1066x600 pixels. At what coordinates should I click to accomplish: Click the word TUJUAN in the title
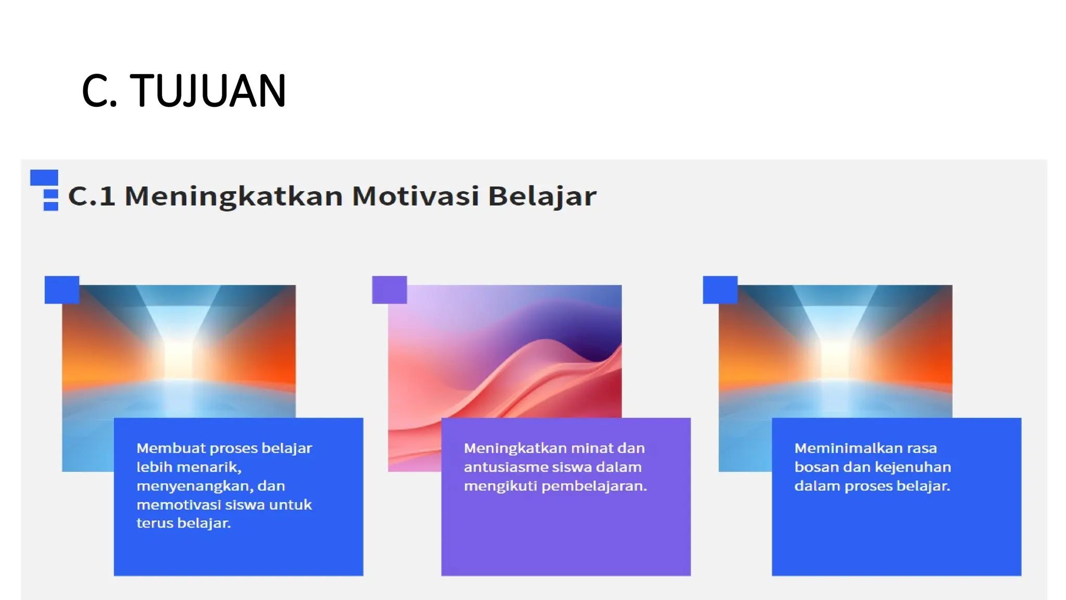(208, 91)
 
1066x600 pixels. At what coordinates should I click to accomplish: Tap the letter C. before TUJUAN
(99, 91)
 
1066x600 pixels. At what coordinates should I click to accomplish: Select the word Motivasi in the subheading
(415, 196)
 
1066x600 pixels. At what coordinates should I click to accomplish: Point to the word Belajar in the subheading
(541, 196)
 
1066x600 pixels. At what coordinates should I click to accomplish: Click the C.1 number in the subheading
(92, 196)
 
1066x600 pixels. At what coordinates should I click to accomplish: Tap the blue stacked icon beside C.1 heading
(45, 190)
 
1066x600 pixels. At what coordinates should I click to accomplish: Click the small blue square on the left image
(62, 290)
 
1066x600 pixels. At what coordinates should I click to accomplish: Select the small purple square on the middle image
(389, 290)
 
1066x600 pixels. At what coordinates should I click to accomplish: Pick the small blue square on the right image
(720, 290)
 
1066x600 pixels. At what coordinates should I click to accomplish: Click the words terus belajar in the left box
(183, 523)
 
